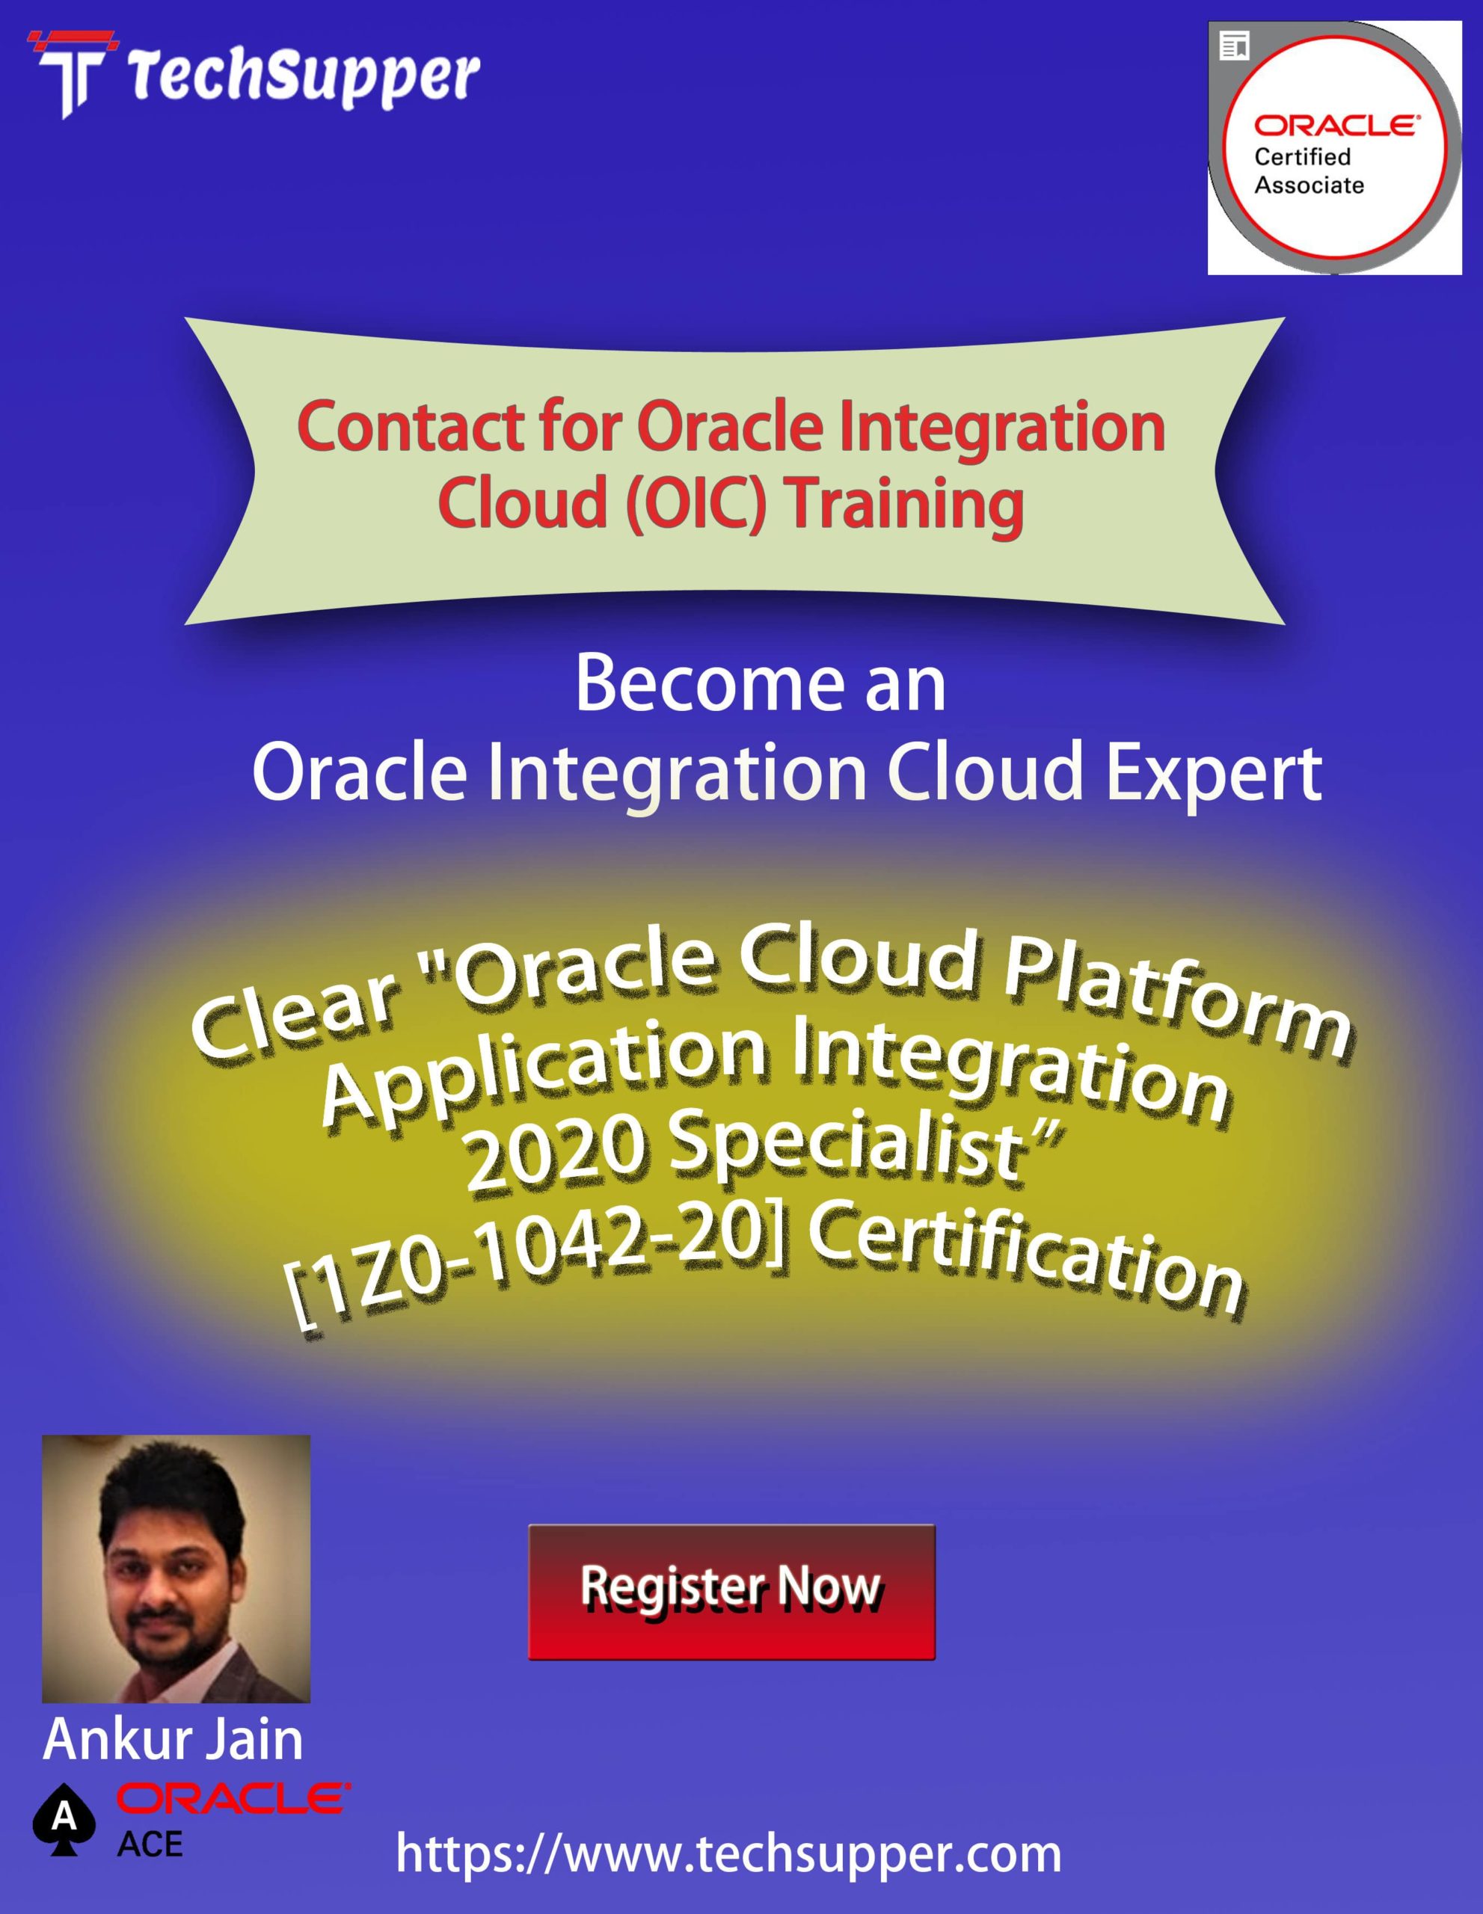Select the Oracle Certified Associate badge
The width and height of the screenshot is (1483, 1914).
tap(1334, 148)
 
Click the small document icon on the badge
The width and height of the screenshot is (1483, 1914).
tap(1234, 46)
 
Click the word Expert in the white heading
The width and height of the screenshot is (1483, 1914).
tap(1214, 777)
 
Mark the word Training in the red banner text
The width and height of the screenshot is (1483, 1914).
tap(906, 505)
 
